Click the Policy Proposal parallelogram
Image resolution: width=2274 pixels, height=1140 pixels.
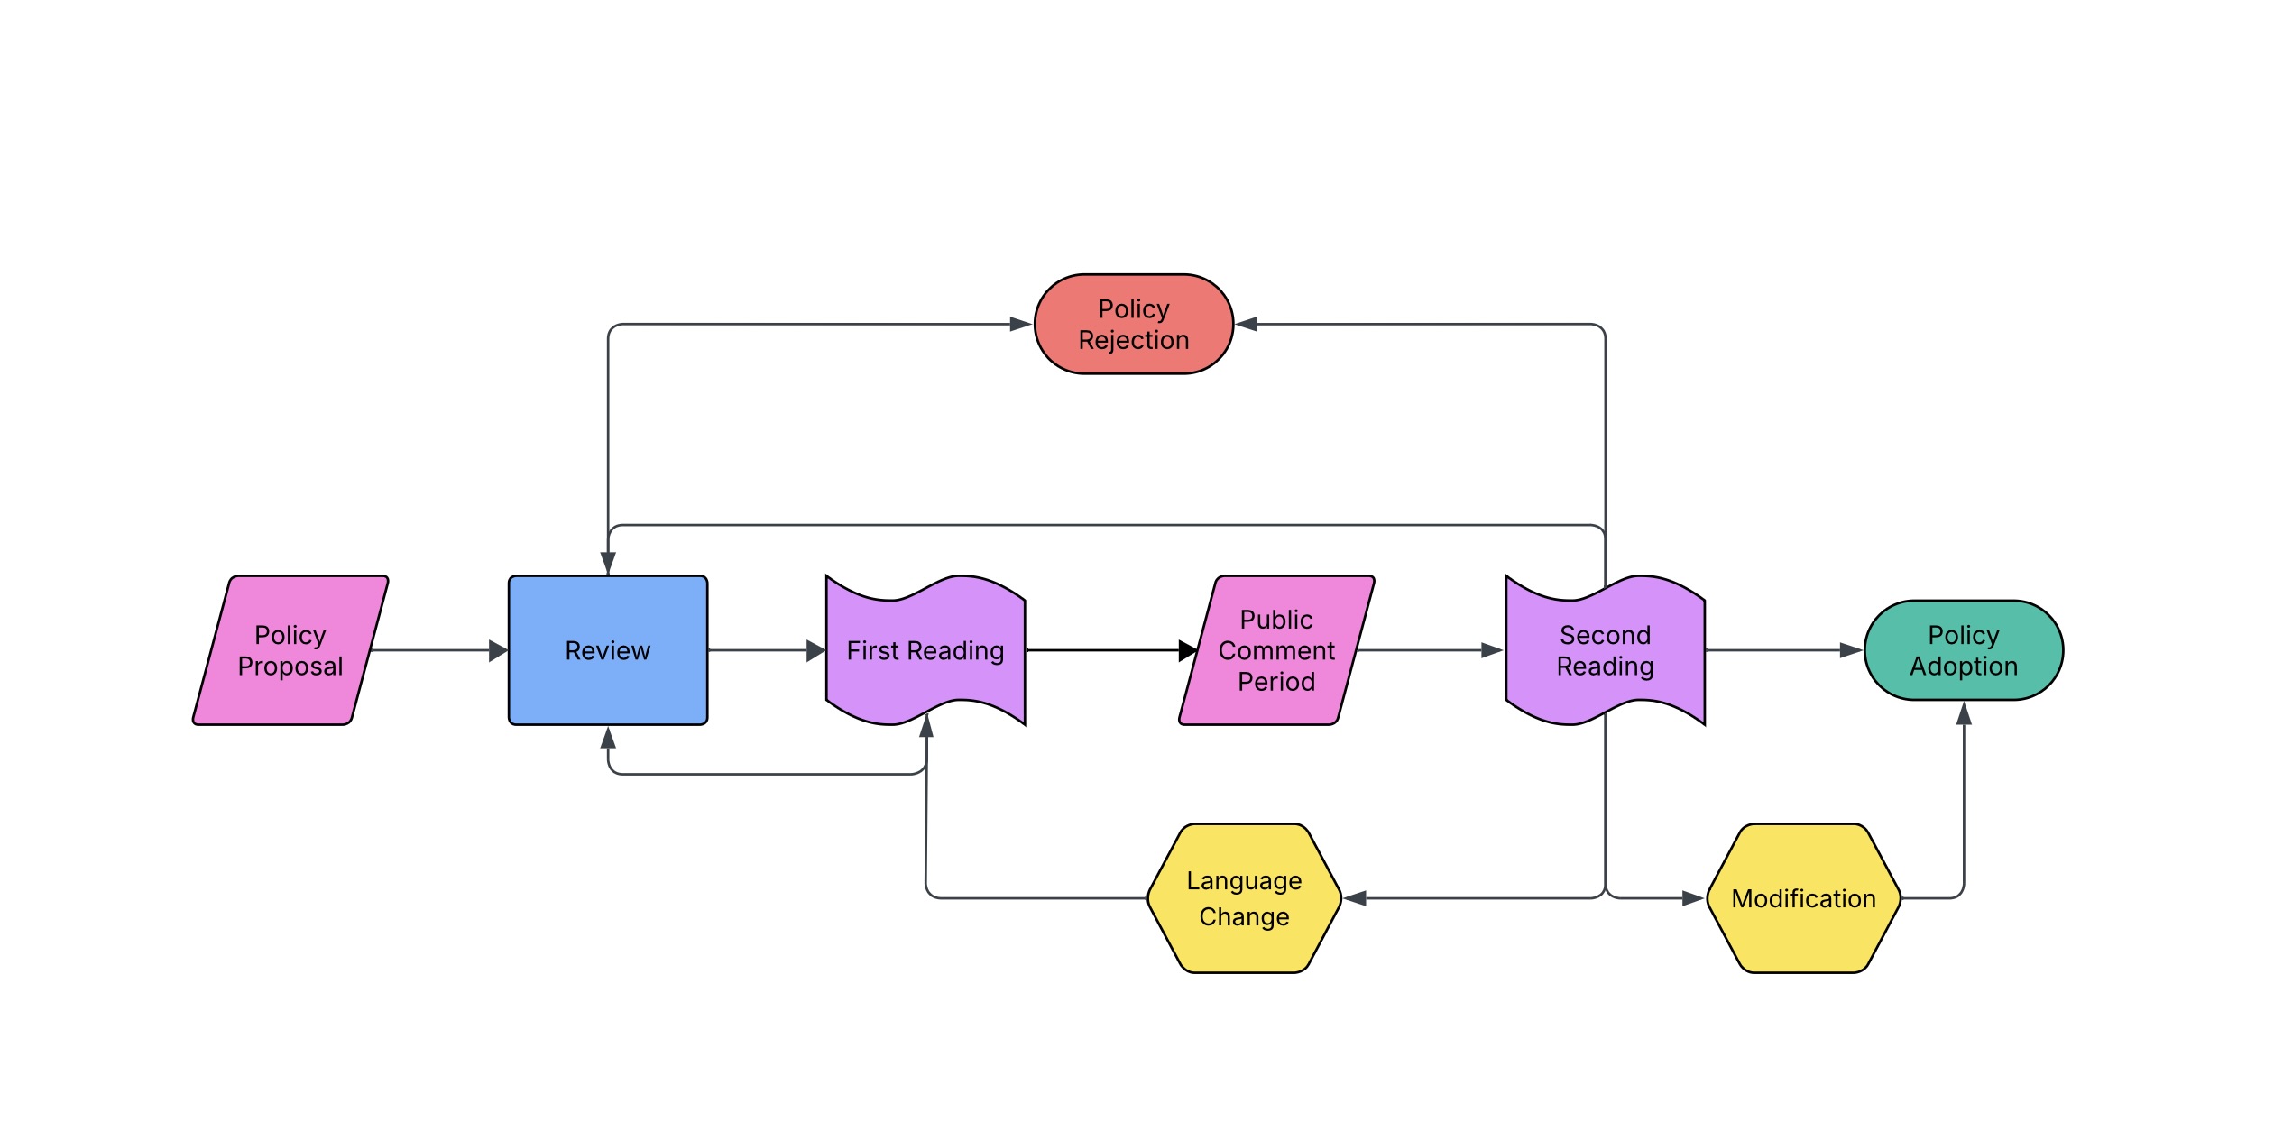pos(290,650)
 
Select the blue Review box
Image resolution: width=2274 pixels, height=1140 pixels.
pos(608,650)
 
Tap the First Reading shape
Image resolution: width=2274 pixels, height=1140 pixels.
pos(925,650)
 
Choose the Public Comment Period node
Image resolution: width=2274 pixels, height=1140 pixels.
pos(1276,650)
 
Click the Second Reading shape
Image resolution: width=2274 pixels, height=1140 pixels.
pos(1606,650)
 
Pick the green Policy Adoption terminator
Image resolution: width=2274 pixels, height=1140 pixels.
pos(1964,650)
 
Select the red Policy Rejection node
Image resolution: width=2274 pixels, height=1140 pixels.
pos(1134,324)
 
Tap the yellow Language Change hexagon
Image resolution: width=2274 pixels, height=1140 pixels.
pos(1245,898)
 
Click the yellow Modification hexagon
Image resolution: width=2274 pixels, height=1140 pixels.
pos(1804,898)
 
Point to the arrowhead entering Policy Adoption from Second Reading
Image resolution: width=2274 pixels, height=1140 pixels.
pos(1852,650)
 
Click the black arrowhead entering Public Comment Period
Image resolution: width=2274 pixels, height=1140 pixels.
pos(1188,650)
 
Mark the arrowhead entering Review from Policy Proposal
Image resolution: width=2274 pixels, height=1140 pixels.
pos(498,650)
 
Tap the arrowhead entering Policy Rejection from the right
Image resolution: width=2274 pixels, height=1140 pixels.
pos(1247,324)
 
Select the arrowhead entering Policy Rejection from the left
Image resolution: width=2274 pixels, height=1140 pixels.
pos(1021,324)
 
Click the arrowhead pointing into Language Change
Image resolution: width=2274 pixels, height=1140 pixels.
pos(1355,898)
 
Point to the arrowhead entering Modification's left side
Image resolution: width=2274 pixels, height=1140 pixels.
pos(1693,898)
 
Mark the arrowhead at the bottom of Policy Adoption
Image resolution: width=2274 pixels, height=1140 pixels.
pos(1964,713)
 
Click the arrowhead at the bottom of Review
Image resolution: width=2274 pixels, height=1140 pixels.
pos(608,738)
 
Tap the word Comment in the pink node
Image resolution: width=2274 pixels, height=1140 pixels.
pos(1276,650)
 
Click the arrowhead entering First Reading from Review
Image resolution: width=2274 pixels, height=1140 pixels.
pos(815,650)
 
